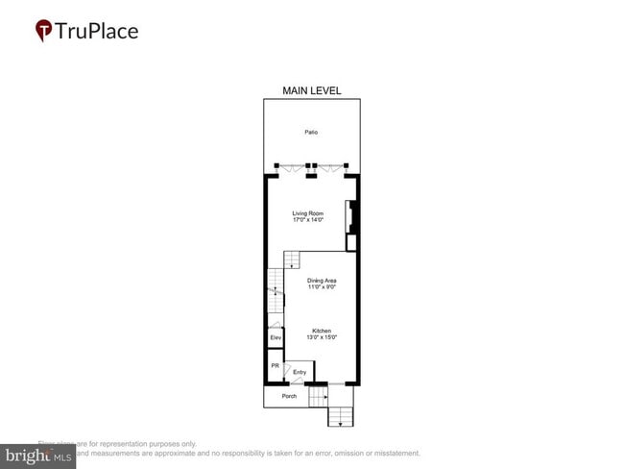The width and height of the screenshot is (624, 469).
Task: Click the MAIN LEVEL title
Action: click(311, 90)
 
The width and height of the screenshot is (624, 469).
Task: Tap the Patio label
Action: click(311, 133)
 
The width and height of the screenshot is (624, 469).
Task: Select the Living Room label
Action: click(308, 213)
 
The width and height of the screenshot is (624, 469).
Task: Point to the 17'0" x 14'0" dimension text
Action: click(308, 220)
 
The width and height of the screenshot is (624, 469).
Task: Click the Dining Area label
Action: click(322, 281)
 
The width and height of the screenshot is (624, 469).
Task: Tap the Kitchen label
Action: click(322, 331)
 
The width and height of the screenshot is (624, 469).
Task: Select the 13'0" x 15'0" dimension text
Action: click(322, 337)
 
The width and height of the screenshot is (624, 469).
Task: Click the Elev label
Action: click(275, 338)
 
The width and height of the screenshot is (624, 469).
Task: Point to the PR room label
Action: click(275, 366)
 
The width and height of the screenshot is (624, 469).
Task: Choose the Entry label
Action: click(300, 372)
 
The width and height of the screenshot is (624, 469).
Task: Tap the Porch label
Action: click(289, 396)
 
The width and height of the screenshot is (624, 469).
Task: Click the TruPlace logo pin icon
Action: click(43, 31)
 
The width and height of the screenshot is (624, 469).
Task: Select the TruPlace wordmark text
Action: click(96, 31)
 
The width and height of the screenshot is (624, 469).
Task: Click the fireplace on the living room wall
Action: click(352, 218)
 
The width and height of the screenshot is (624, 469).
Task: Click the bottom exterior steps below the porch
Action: click(341, 416)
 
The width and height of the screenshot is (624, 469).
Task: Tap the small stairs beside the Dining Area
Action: click(292, 259)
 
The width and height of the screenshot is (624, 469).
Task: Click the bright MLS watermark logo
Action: click(38, 456)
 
